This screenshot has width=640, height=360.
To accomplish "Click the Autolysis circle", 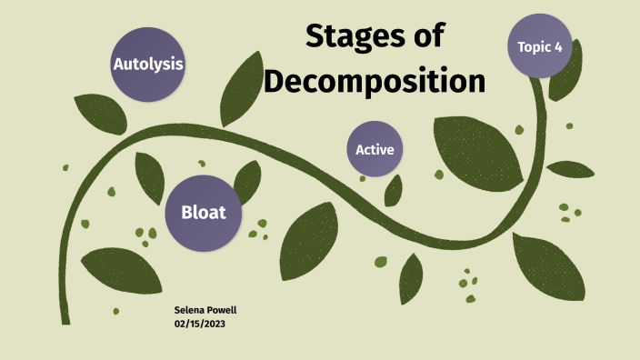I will [x=148, y=65].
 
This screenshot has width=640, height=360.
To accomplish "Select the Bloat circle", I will [x=203, y=214].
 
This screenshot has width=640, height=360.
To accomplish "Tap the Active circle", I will [x=375, y=149].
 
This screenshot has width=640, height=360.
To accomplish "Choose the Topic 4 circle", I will [x=539, y=45].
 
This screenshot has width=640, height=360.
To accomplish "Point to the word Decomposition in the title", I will [x=374, y=81].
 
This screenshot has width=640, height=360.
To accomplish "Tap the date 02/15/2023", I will [x=199, y=323].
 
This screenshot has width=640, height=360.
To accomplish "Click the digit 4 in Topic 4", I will [x=559, y=46].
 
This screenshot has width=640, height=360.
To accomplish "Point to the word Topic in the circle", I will [x=534, y=46].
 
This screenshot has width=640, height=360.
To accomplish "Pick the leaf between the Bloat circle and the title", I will [x=246, y=181].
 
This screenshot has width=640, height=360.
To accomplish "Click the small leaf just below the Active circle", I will [x=394, y=190].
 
